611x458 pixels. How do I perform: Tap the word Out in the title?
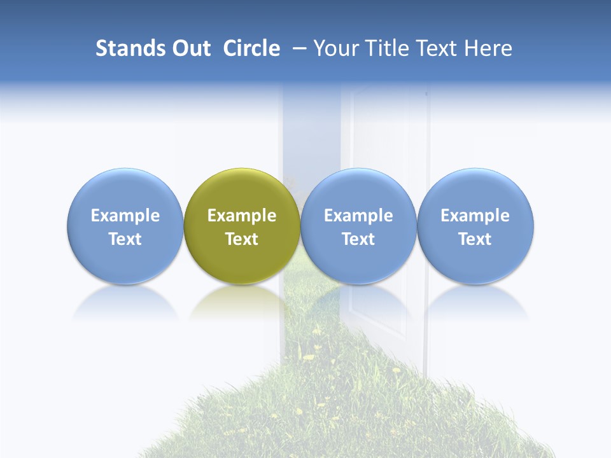click(190, 48)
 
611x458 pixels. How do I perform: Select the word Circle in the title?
click(251, 48)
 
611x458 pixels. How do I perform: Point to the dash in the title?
click(298, 48)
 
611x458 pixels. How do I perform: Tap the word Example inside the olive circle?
click(242, 216)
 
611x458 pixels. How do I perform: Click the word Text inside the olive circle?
click(242, 239)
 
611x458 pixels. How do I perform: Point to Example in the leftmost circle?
click(125, 216)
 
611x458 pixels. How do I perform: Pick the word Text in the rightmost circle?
click(475, 239)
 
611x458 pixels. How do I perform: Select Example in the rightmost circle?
click(475, 216)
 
